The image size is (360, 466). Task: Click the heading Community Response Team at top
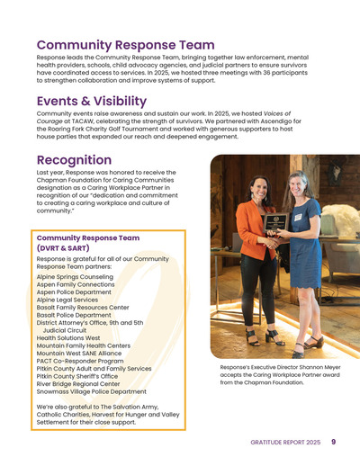(125, 45)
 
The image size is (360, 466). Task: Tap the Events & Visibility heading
(91, 101)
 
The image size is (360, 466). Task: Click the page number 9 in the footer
(334, 442)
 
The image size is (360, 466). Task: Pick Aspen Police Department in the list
(75, 292)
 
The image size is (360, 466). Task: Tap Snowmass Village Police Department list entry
(91, 391)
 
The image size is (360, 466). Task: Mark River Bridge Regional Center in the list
(82, 384)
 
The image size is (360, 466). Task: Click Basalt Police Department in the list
(74, 315)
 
